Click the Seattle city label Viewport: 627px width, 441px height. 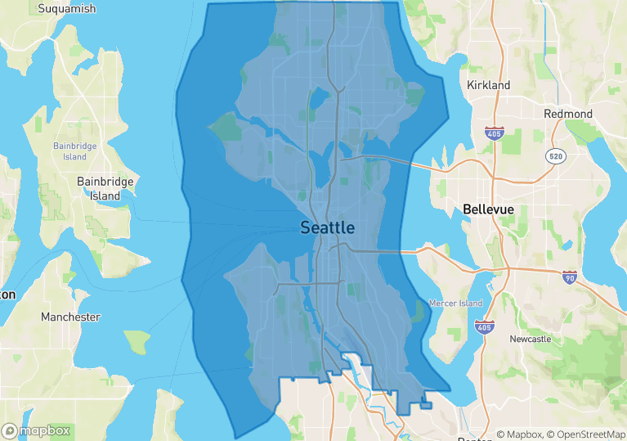click(x=327, y=227)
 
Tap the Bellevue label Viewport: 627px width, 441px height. click(x=488, y=209)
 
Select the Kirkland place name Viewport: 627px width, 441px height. click(x=488, y=85)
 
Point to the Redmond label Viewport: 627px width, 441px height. click(x=568, y=114)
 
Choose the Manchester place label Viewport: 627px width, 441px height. click(x=71, y=317)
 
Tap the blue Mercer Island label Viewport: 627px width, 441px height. click(x=455, y=304)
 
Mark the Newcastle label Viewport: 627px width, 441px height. click(x=530, y=339)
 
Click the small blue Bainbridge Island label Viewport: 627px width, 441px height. click(x=69, y=151)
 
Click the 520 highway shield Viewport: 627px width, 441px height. click(x=556, y=155)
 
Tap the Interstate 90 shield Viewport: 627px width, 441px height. click(x=570, y=277)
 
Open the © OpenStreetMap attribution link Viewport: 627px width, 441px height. click(x=586, y=434)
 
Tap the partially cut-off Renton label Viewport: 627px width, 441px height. click(x=474, y=439)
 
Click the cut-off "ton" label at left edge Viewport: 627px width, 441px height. click(x=7, y=294)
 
